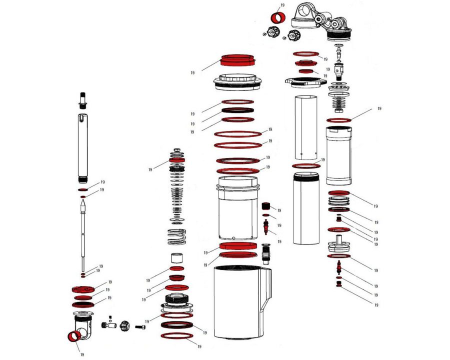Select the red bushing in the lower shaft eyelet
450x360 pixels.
pos(74,336)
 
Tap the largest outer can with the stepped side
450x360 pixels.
pos(242,302)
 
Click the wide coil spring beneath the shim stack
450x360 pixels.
pos(176,236)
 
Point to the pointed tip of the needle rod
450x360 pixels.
pos(82,201)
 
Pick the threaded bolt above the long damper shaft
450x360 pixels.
pos(82,100)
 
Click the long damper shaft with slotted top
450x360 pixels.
pos(82,148)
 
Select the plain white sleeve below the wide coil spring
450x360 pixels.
pos(177,258)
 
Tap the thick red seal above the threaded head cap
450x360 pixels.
pos(237,59)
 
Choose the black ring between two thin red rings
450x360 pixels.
pos(237,110)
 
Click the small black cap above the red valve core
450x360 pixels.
pos(266,206)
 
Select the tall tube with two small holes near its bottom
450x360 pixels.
pos(306,127)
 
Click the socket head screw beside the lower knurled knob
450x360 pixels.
pos(140,326)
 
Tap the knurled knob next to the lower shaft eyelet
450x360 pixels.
pos(124,326)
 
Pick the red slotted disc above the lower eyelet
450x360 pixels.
pos(82,289)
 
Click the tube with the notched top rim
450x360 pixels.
pos(338,155)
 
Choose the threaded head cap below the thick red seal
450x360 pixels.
pos(237,82)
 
